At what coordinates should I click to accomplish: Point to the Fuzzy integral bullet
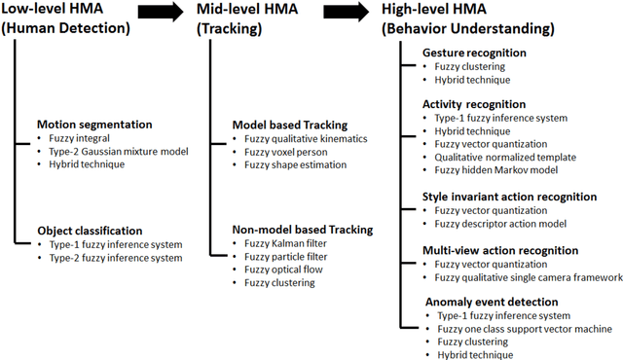point(81,138)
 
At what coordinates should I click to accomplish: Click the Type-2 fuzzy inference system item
point(115,258)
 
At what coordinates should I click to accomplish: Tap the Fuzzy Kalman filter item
point(285,244)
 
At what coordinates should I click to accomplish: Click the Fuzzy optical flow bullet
point(283,270)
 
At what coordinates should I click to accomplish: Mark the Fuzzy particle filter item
point(285,257)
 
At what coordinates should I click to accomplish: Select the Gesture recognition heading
point(474,53)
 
